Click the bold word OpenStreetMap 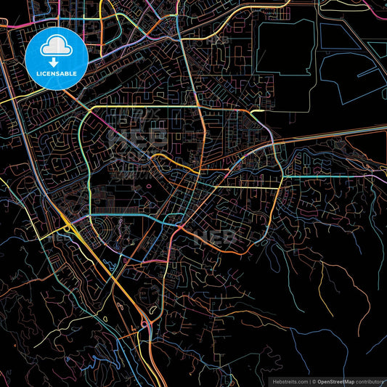tap(334, 380)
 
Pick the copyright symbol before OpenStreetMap tap(312, 380)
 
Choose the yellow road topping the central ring tap(167, 106)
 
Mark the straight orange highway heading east tap(334, 134)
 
